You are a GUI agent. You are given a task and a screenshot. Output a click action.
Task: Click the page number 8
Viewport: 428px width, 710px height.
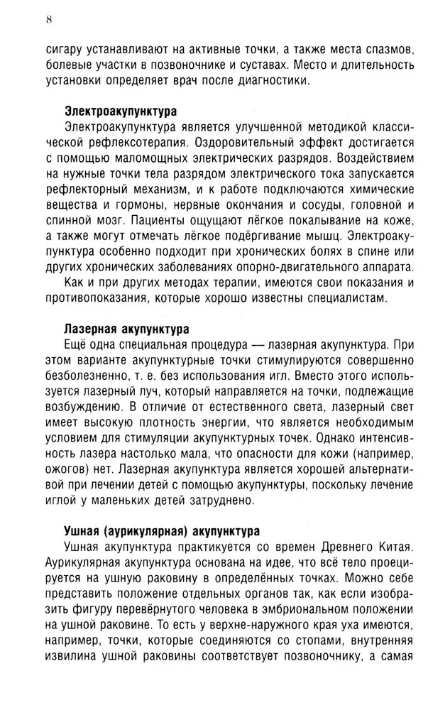pos(49,19)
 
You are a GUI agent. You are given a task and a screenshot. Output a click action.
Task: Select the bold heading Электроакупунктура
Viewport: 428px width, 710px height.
pos(121,111)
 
